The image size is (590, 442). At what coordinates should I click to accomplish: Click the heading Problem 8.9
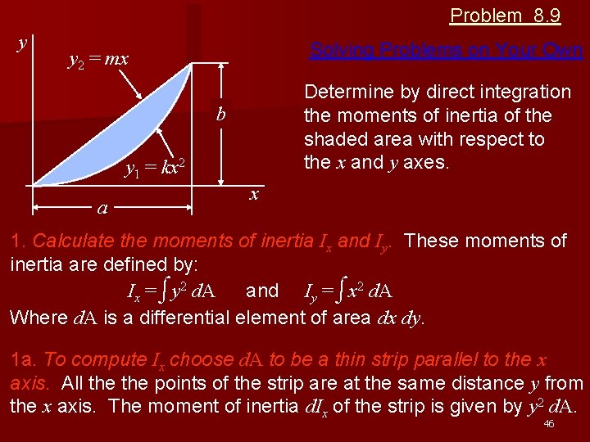point(505,16)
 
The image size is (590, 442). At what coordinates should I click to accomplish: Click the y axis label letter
point(21,43)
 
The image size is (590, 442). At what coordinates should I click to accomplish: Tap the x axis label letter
point(255,194)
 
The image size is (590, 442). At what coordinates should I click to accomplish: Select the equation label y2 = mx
point(98,60)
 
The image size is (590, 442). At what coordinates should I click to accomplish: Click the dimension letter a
point(102,209)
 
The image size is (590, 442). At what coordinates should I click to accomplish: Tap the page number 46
point(549,424)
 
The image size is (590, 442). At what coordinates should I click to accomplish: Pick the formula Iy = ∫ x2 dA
point(348,291)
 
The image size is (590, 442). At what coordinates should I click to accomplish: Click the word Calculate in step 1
point(69,241)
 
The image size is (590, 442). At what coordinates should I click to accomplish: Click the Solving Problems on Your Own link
point(447,51)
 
